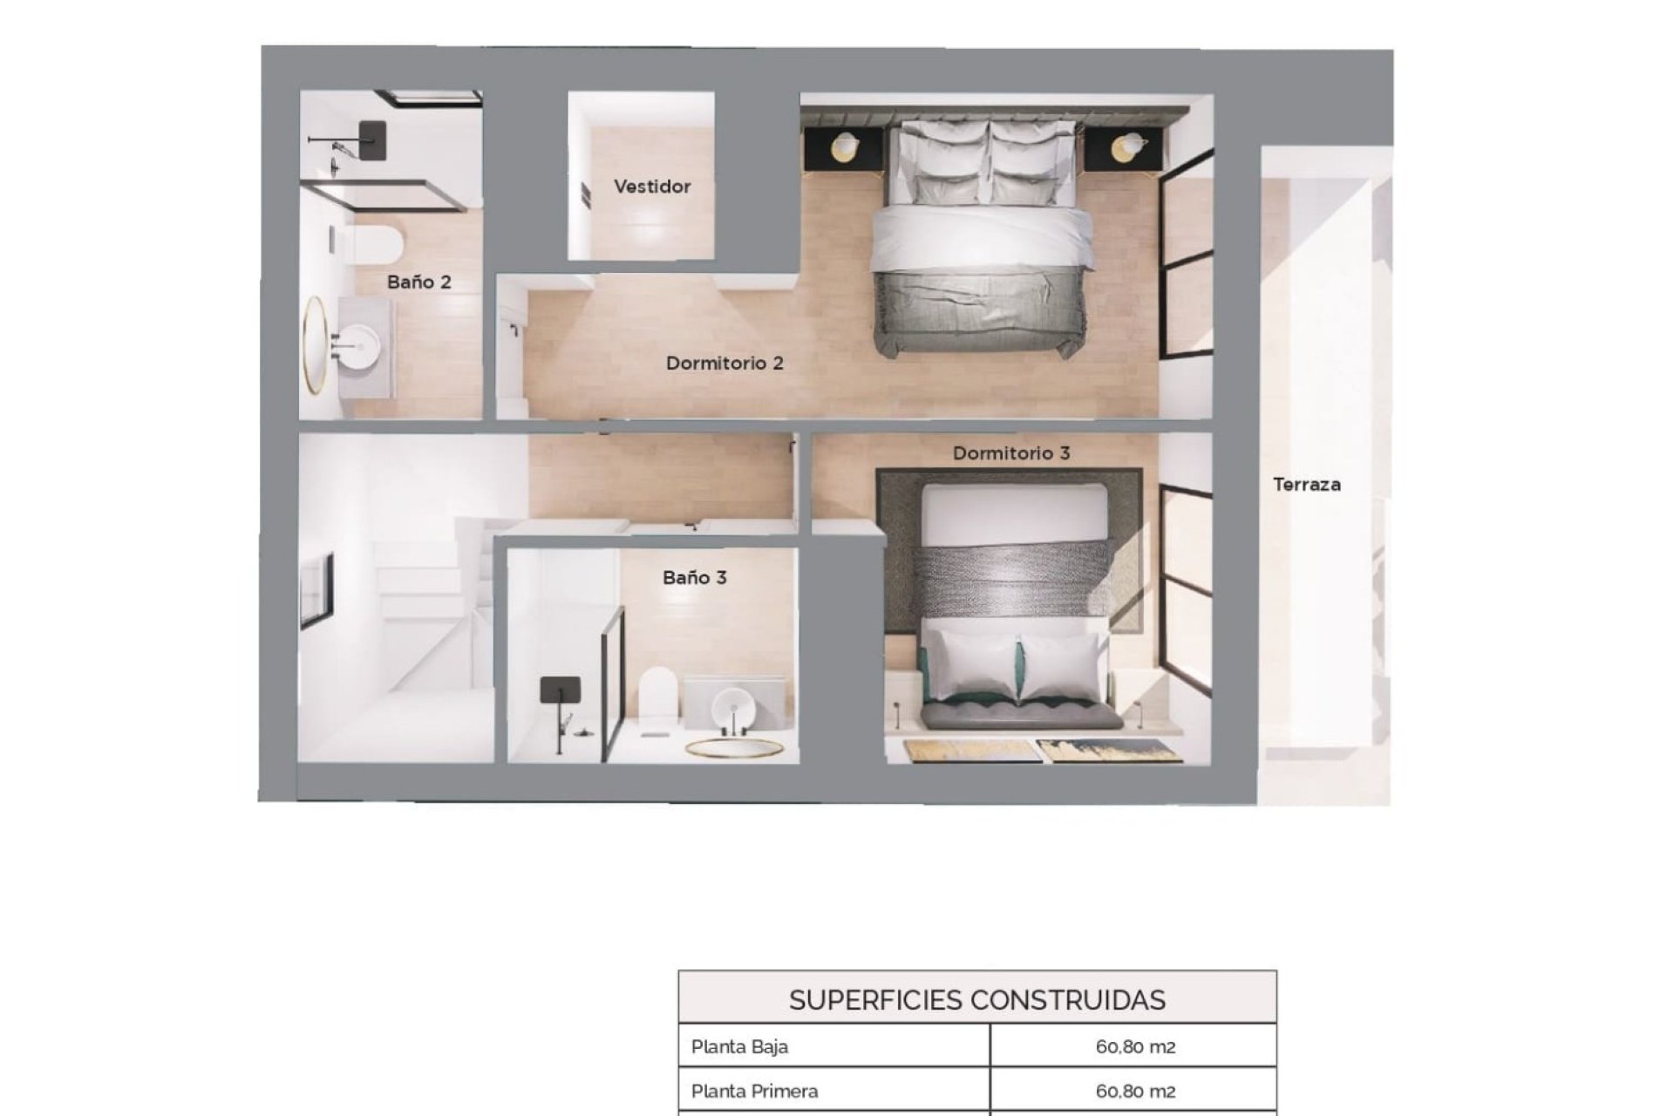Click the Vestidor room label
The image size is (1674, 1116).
(651, 187)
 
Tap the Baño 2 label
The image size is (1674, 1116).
(419, 282)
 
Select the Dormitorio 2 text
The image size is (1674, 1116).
(725, 363)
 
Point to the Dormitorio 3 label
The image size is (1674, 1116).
(1011, 453)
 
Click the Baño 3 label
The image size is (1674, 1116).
(694, 577)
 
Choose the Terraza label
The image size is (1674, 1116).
(1306, 485)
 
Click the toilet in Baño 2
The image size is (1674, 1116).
(376, 245)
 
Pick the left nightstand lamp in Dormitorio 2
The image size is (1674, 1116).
(845, 146)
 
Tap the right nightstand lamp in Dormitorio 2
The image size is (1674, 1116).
(1129, 146)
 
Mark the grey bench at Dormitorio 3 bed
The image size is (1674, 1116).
(1022, 716)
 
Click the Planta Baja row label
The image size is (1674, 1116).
(739, 1046)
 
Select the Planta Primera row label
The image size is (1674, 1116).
(754, 1091)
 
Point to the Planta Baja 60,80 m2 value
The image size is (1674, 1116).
(1135, 1046)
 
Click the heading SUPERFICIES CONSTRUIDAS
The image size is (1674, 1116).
(976, 1000)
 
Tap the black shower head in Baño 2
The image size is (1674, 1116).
(372, 139)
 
